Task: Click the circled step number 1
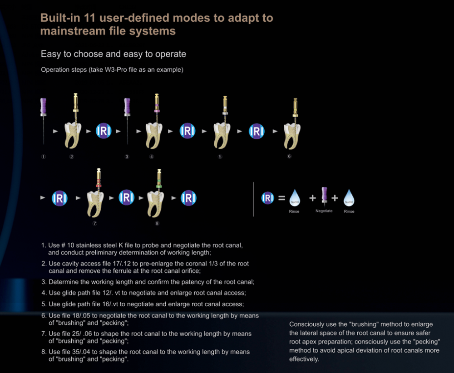click(44, 157)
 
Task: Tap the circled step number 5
click(220, 157)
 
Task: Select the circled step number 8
click(157, 223)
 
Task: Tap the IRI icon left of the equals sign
click(268, 198)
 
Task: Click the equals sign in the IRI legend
click(281, 198)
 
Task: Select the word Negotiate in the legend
click(324, 211)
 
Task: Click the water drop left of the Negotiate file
click(294, 198)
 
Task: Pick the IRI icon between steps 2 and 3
click(104, 131)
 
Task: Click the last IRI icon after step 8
click(188, 198)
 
